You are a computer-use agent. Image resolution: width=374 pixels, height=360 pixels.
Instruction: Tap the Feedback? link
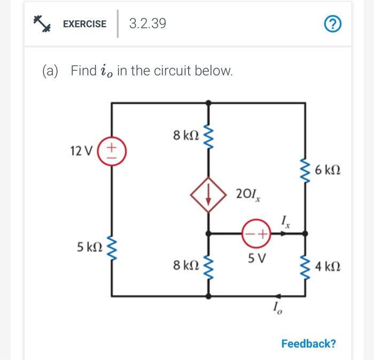309,343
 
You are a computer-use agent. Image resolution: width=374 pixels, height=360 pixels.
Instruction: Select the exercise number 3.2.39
147,24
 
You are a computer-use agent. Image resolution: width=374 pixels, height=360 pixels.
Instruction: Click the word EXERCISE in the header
84,24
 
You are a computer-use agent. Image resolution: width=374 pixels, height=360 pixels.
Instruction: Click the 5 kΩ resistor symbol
112,248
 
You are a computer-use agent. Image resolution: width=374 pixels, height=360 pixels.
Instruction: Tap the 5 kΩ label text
88,247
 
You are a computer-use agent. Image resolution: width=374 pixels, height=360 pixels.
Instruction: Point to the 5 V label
255,258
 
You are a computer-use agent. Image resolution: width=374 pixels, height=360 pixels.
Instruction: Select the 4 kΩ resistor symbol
306,265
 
